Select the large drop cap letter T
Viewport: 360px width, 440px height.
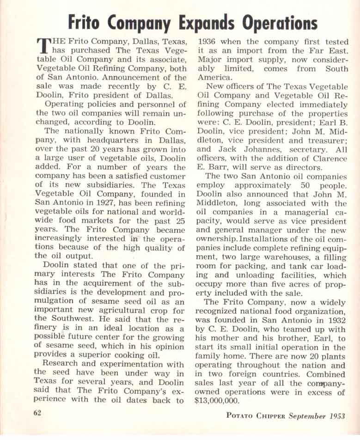[43, 46]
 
